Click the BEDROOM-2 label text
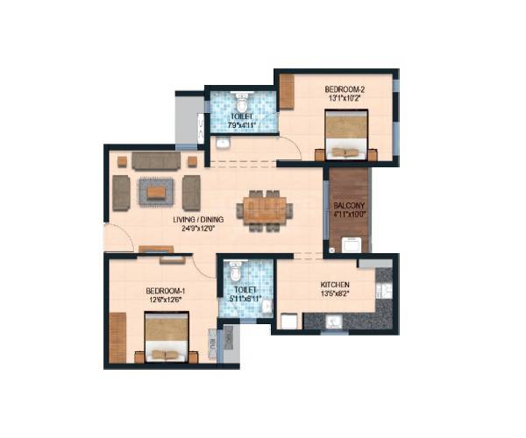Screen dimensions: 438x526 (x=343, y=89)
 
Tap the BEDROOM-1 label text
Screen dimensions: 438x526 (x=166, y=291)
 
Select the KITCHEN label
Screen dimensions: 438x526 (x=336, y=286)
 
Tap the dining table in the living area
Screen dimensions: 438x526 (x=265, y=210)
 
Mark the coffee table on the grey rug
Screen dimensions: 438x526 (x=156, y=191)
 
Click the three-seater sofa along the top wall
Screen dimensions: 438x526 (x=156, y=161)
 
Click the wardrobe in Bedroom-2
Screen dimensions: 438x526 (x=287, y=92)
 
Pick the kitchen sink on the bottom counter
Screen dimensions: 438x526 (x=332, y=321)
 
